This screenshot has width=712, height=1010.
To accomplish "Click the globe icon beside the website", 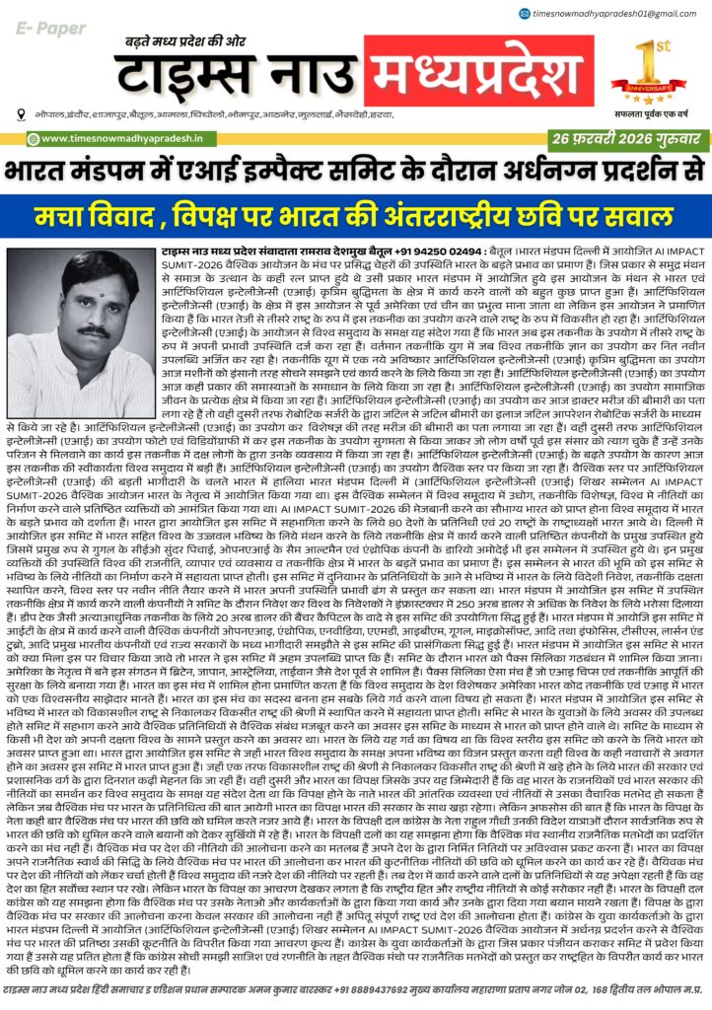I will [33, 139].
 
